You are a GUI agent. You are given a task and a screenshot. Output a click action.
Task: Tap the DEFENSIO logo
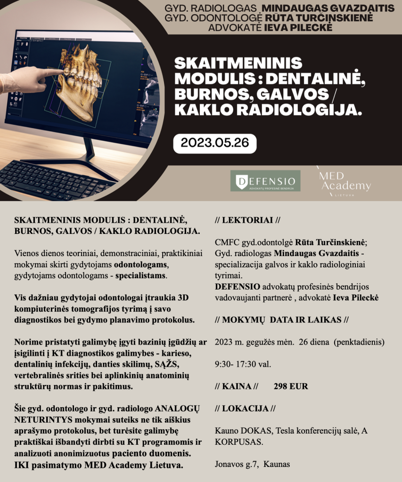coord(265,181)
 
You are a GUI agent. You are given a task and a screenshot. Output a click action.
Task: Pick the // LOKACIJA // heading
coord(245,408)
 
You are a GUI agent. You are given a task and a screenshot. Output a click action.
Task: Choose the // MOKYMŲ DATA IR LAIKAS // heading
coord(281,320)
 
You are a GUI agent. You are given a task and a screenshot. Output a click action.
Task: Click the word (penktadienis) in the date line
coord(359,341)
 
